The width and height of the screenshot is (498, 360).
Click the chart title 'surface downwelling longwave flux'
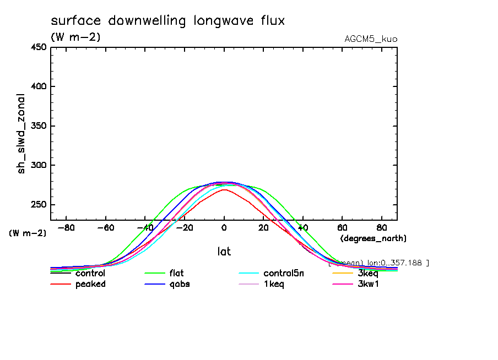pyautogui.click(x=167, y=21)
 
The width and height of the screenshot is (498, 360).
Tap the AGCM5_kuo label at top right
pyautogui.click(x=370, y=39)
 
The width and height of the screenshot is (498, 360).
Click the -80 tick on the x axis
pyautogui.click(x=66, y=227)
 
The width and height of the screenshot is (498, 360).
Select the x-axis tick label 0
pyautogui.click(x=224, y=227)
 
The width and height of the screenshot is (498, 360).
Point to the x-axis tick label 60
pyautogui.click(x=342, y=227)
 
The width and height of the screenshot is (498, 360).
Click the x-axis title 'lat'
pyautogui.click(x=224, y=252)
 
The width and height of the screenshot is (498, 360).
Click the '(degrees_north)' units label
pyautogui.click(x=373, y=238)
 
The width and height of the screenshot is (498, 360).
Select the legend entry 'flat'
pyautogui.click(x=176, y=273)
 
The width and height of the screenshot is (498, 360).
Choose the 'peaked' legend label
pyautogui.click(x=90, y=284)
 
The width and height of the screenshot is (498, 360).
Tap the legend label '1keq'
pyautogui.click(x=274, y=284)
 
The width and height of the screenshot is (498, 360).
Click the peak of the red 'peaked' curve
pyautogui.click(x=224, y=189)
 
